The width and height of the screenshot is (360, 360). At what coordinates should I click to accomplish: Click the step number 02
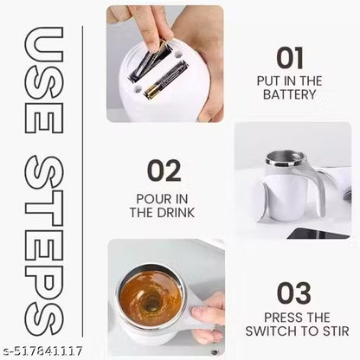pyautogui.click(x=164, y=170)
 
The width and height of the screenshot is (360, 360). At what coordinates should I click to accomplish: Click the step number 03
pyautogui.click(x=295, y=293)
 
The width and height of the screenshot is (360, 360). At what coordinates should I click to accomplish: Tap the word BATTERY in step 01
pyautogui.click(x=290, y=94)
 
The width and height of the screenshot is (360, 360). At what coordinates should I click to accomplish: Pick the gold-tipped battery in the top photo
pyautogui.click(x=164, y=79)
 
